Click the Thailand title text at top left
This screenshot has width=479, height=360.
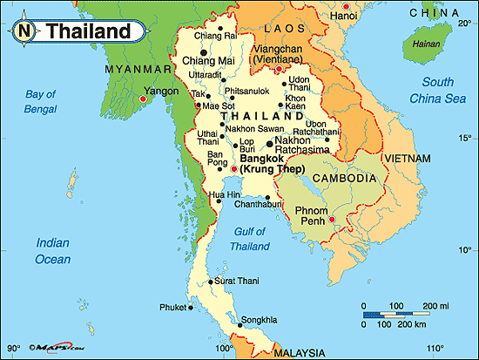click(x=88, y=31)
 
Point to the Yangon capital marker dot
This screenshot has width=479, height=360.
click(x=142, y=99)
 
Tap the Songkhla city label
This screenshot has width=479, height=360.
click(x=260, y=320)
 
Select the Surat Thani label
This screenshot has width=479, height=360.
click(x=236, y=282)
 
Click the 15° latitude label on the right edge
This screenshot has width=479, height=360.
click(x=463, y=137)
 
